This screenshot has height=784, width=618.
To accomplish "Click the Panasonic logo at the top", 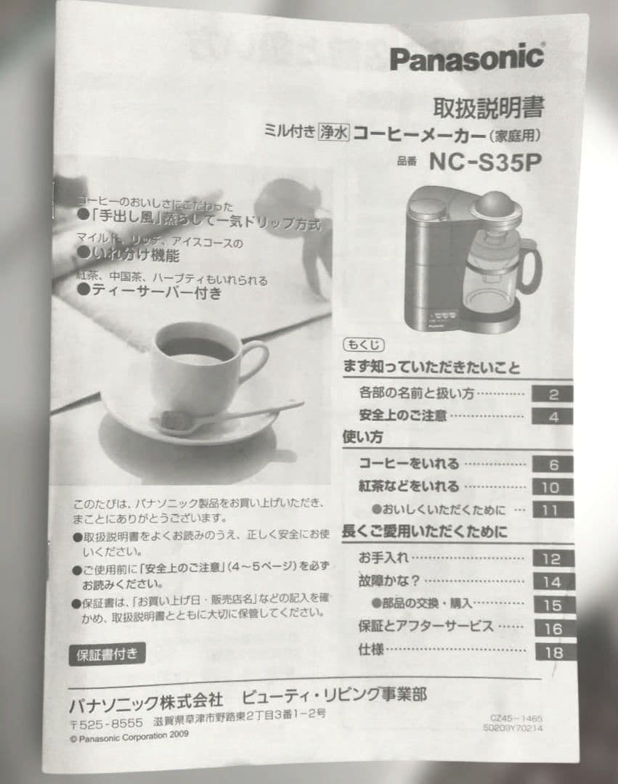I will point(466,57).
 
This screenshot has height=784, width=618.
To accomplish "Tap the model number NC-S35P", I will point(485,161).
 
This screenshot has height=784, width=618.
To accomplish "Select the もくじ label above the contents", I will point(362,345).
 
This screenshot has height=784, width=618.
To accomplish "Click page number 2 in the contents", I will point(553,394).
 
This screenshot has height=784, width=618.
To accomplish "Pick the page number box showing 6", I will point(553,465).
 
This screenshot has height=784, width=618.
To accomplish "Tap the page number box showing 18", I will point(553,652).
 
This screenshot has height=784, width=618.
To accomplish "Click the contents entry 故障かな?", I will point(389,581).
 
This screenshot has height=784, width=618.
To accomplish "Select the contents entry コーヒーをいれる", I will point(409,464).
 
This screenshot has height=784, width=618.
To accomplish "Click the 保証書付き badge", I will point(107,653).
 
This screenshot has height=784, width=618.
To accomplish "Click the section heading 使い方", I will point(362,438).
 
